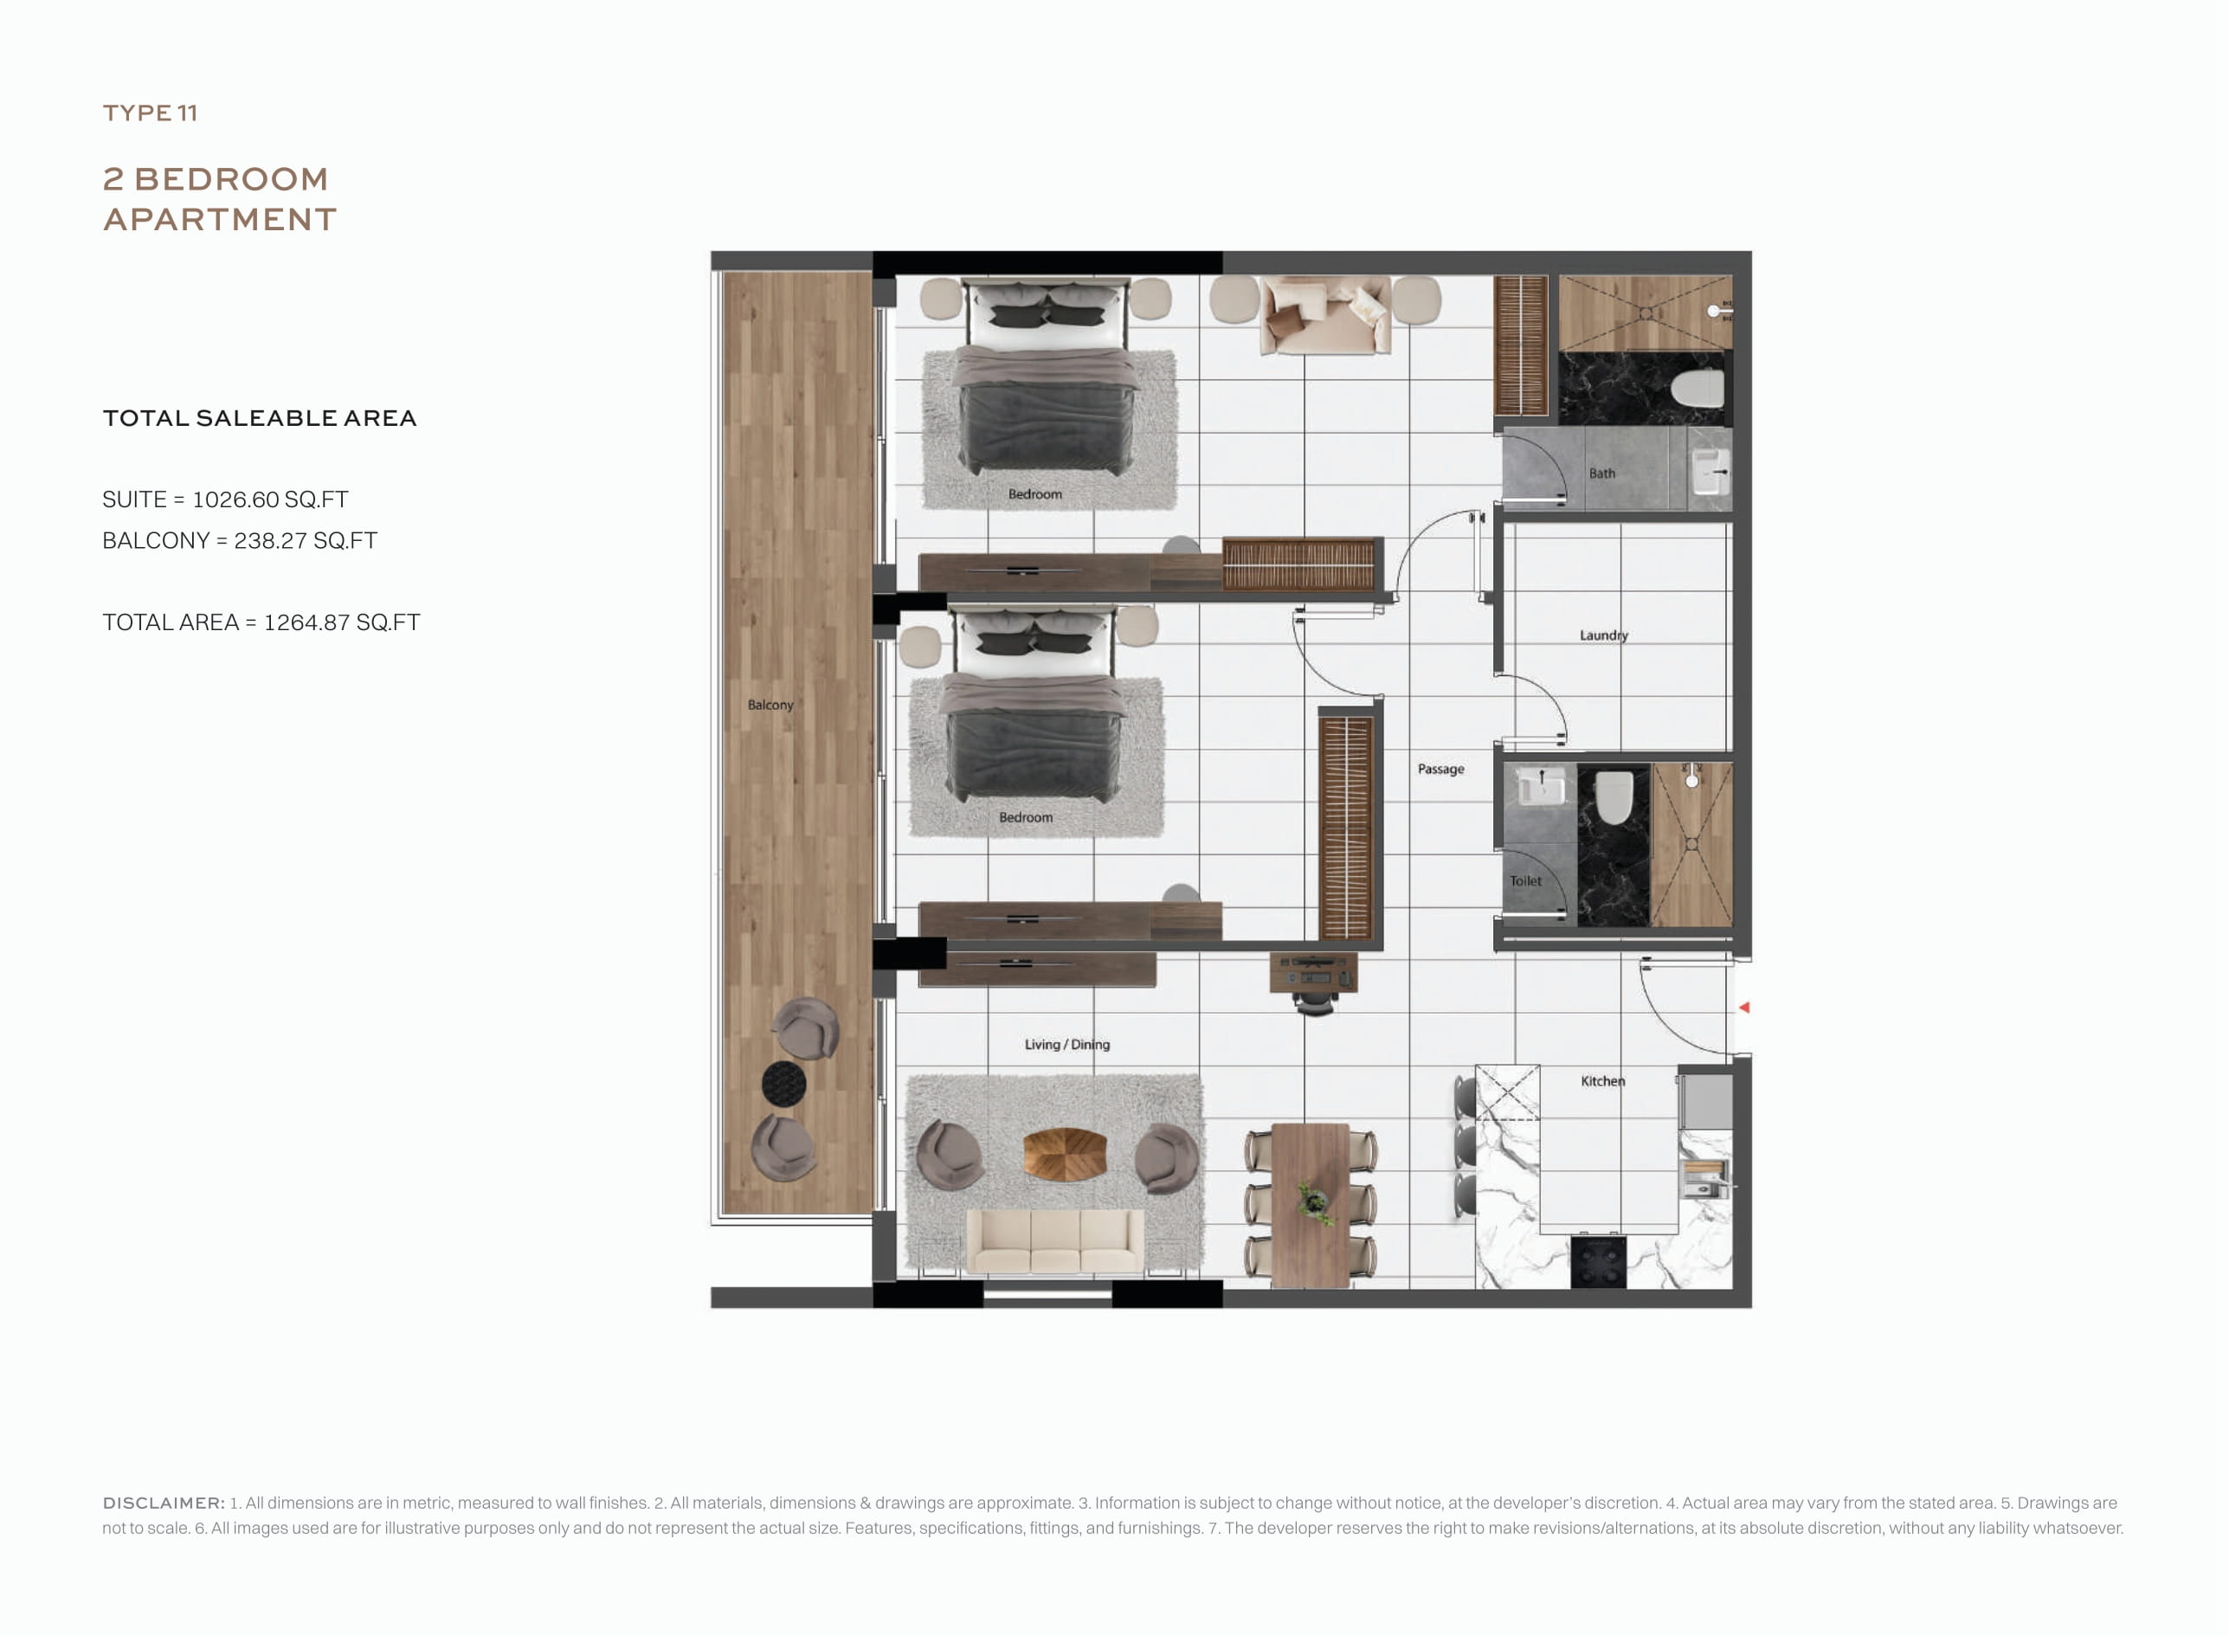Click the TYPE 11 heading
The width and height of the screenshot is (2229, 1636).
click(x=151, y=113)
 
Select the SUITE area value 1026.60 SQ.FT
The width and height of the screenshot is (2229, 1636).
click(x=270, y=499)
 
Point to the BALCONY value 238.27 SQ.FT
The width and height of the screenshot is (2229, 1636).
click(x=306, y=541)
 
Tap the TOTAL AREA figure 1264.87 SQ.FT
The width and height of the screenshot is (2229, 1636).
click(x=343, y=622)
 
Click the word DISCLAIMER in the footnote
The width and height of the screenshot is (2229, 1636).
click(x=164, y=1503)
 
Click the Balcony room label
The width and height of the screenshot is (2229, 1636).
click(x=770, y=705)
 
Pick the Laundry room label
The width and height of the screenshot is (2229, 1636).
click(x=1604, y=635)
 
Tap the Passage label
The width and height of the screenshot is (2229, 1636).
click(x=1440, y=769)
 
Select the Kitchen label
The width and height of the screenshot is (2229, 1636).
click(x=1603, y=1080)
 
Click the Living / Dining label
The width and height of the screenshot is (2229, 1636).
click(x=1067, y=1044)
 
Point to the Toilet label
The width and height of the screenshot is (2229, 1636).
click(x=1526, y=880)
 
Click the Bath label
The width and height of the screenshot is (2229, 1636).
click(x=1602, y=473)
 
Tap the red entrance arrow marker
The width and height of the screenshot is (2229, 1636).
click(x=1745, y=1008)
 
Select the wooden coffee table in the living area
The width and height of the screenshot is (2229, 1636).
click(x=1065, y=1154)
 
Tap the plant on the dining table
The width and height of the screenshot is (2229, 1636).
click(x=1315, y=1201)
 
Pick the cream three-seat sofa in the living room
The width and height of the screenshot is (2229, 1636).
click(x=1054, y=1242)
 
